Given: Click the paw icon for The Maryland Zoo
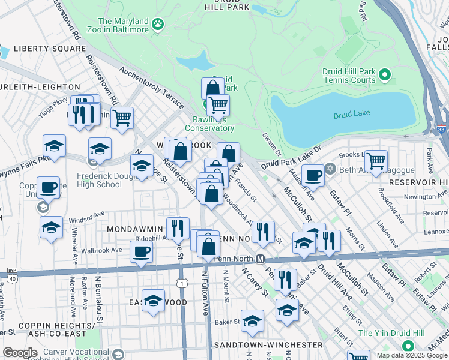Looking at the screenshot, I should (x=158, y=24).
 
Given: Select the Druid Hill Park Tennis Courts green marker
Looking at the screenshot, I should (x=385, y=76).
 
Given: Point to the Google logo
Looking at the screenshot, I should (x=20, y=353).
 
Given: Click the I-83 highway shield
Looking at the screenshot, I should (x=442, y=129).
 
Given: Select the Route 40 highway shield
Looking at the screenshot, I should (x=11, y=277).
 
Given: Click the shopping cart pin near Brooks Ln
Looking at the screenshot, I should (x=376, y=161).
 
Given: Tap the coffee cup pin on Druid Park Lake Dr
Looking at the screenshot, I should (x=313, y=175).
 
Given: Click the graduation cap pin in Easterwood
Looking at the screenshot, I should (x=154, y=301).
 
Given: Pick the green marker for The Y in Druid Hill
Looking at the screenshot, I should (x=408, y=346).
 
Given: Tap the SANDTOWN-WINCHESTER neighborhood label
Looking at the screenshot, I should (x=268, y=345).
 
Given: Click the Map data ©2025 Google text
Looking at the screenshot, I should (x=412, y=355).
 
